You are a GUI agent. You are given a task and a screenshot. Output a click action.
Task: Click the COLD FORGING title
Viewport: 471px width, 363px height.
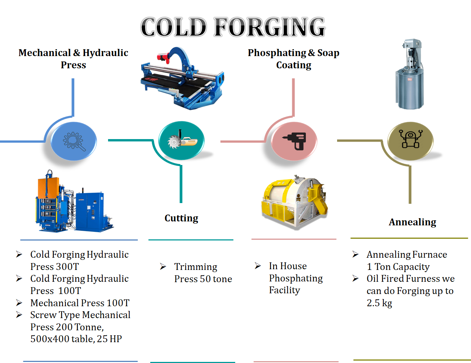tap(233, 27)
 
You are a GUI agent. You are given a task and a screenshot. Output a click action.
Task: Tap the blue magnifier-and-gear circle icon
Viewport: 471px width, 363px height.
tap(74, 141)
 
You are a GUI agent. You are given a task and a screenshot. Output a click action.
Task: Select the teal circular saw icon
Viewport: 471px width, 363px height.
tap(181, 141)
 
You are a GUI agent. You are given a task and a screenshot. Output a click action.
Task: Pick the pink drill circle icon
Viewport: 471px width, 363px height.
tap(294, 141)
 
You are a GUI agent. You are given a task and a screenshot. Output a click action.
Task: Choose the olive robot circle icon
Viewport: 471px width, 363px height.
tap(410, 141)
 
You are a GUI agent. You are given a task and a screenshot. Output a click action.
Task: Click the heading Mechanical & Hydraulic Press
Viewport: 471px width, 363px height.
tap(73, 59)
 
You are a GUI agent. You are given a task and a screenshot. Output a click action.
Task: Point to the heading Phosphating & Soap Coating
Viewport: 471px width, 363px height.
tap(293, 59)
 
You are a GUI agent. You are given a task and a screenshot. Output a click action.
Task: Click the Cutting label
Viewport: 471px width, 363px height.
tap(181, 218)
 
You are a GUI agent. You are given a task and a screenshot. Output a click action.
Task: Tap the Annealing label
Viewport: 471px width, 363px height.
tap(412, 222)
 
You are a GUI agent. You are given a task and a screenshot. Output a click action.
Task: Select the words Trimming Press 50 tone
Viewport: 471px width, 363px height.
tap(203, 273)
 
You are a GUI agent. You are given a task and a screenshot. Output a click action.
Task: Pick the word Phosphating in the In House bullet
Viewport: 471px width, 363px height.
tap(296, 278)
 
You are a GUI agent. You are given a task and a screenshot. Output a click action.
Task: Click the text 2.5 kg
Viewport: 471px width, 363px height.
tap(379, 303)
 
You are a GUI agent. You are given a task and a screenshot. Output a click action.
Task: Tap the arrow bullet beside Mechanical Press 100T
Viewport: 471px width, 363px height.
tap(19, 303)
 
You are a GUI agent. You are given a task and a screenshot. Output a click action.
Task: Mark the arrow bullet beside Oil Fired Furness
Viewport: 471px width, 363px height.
tap(355, 279)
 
